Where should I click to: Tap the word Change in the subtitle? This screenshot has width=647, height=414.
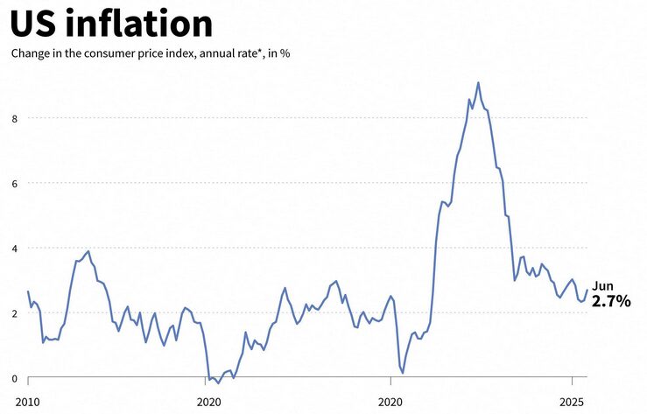coord(32,53)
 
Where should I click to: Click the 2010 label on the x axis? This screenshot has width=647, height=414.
coord(28,403)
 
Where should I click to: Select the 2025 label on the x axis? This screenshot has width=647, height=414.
coord(572,403)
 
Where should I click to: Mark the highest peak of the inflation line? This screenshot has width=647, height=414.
coord(478,83)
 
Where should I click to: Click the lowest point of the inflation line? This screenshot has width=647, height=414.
coord(219,383)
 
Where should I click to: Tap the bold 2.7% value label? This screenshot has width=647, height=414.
coord(611,301)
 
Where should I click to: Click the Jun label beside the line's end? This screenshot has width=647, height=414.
coord(602,286)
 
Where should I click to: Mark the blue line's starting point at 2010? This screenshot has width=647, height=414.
coord(28,291)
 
